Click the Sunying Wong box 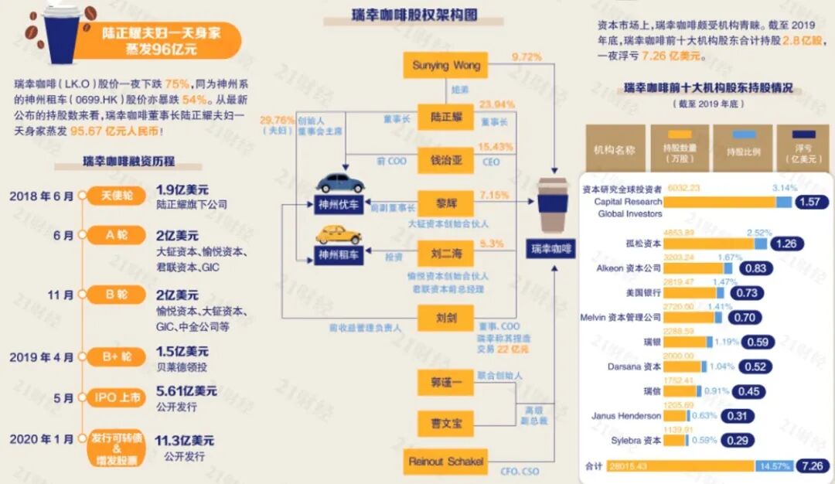coord(446,66)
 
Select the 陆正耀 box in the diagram coord(446,117)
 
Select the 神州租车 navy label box coord(339,254)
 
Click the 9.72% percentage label coord(527,57)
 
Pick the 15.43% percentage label coord(496,147)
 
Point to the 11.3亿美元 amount coord(185,441)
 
